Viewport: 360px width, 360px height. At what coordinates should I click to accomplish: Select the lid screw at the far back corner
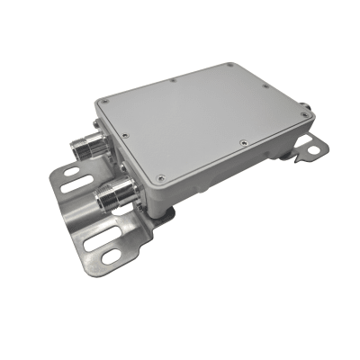[232, 64]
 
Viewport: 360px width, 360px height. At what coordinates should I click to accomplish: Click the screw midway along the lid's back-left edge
[171, 80]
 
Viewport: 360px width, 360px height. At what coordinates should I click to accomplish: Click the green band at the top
[180, 22]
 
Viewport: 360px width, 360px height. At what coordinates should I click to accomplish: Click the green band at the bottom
[180, 337]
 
